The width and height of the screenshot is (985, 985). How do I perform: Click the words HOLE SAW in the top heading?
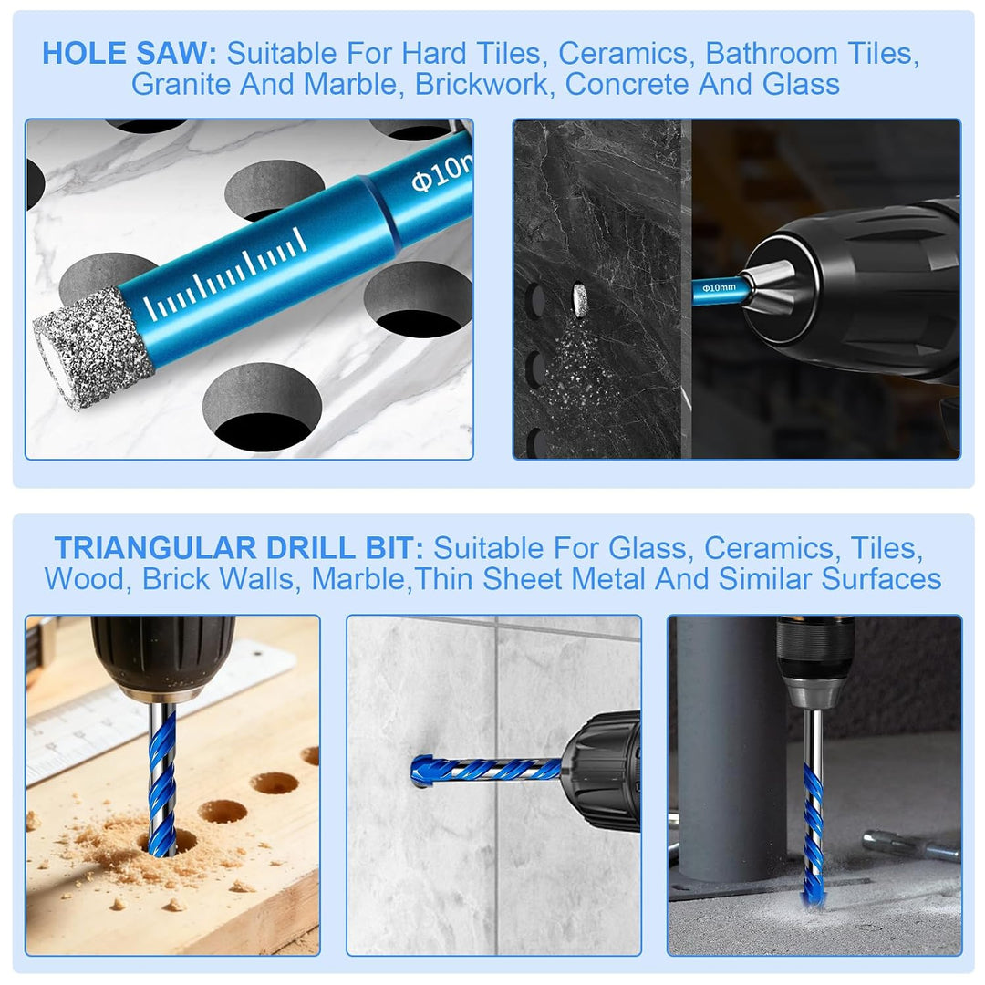coord(130,54)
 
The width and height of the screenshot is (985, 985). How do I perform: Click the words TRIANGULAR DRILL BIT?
coord(239,548)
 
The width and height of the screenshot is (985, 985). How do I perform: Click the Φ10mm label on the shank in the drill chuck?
coord(719,287)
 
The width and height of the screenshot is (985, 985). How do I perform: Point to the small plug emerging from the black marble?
coord(580,300)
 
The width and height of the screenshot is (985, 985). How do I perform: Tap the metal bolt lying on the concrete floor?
coord(911,845)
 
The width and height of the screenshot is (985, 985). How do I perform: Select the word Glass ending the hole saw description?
coord(801,84)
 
